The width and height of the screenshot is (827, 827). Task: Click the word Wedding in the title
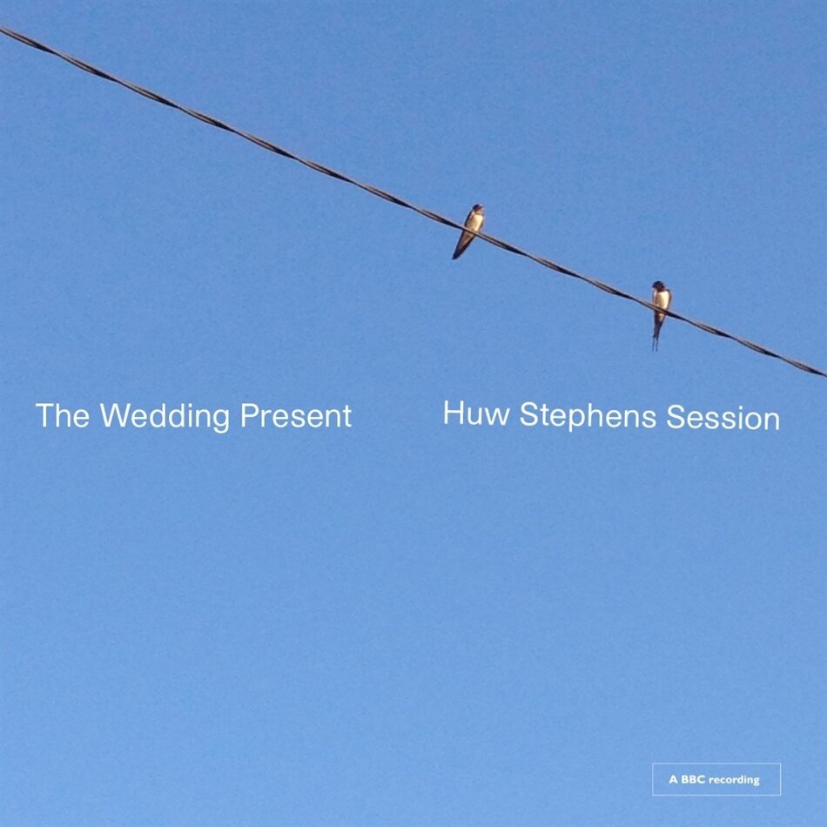pyautogui.click(x=166, y=416)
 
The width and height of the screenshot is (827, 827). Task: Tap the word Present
pyautogui.click(x=296, y=416)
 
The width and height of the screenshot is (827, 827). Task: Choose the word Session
pyautogui.click(x=723, y=419)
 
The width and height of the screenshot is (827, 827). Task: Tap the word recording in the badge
pyautogui.click(x=734, y=780)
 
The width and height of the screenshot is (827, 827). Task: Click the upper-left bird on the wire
pyautogui.click(x=470, y=229)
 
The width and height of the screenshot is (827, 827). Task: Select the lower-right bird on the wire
pyautogui.click(x=661, y=309)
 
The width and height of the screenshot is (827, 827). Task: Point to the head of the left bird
pyautogui.click(x=476, y=210)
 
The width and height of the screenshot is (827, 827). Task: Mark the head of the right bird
pyautogui.click(x=659, y=286)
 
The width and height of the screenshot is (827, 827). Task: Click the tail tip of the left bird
pyautogui.click(x=455, y=256)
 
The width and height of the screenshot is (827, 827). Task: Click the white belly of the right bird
pyautogui.click(x=662, y=301)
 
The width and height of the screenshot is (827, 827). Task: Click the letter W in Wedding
pyautogui.click(x=112, y=416)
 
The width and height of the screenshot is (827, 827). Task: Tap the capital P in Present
pyautogui.click(x=250, y=416)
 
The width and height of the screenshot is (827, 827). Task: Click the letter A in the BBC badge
pyautogui.click(x=673, y=780)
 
